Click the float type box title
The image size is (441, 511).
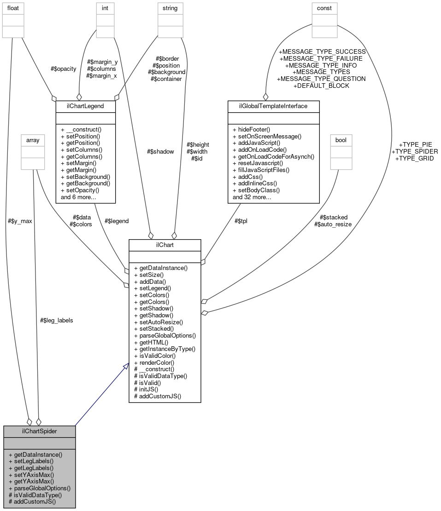(13, 8)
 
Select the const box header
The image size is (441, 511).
(324, 8)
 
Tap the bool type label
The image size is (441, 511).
(341, 139)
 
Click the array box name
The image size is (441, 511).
(32, 139)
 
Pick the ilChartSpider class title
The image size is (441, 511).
(39, 432)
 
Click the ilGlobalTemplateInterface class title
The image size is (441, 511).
(274, 106)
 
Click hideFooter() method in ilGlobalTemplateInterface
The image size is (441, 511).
(252, 130)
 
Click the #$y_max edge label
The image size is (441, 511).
(20, 221)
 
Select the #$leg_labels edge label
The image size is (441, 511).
(57, 320)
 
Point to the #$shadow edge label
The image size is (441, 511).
(160, 151)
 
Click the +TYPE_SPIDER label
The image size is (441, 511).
(414, 151)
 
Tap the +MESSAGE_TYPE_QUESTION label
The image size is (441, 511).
(321, 79)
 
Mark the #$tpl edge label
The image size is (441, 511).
(241, 221)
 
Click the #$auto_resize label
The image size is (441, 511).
(333, 224)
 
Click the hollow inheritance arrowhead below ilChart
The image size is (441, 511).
(125, 367)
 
